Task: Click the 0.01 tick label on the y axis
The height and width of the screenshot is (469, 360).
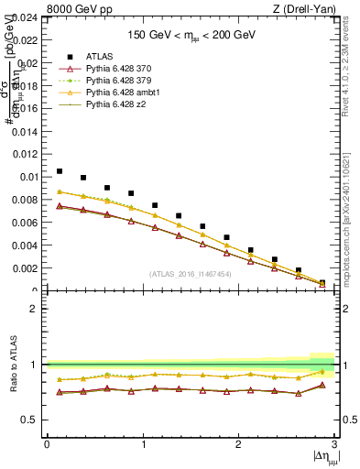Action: (x=27, y=177)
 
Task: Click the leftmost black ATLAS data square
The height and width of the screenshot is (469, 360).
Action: (x=60, y=171)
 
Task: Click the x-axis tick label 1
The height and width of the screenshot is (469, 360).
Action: (x=143, y=444)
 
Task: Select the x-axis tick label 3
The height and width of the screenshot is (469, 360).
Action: (x=333, y=444)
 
